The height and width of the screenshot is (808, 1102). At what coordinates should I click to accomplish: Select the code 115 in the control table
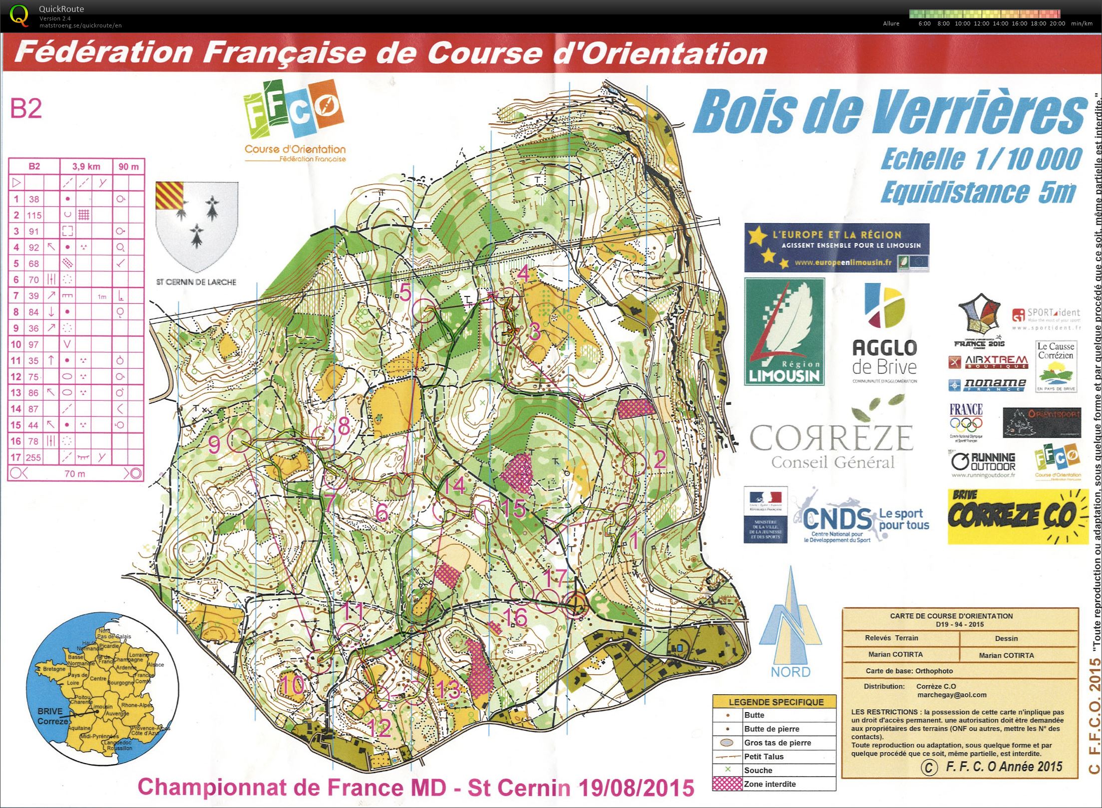click(x=34, y=215)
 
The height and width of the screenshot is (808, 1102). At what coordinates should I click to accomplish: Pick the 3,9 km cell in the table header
click(x=86, y=166)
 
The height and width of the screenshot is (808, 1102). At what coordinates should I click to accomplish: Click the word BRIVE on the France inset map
click(x=50, y=711)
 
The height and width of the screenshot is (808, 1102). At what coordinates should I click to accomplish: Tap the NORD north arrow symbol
click(x=790, y=624)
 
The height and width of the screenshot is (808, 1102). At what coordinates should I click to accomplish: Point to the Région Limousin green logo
click(x=784, y=331)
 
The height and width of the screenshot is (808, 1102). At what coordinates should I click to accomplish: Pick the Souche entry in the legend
click(x=757, y=770)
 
